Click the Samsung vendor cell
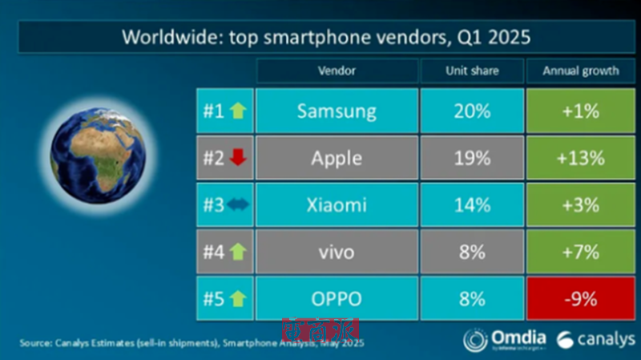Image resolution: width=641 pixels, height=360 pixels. coord(337,111)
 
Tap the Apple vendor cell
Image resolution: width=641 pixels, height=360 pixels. coord(337,158)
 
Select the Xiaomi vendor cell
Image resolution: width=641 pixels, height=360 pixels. coord(337,205)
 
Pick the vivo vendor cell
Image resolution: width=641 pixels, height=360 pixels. coord(337,253)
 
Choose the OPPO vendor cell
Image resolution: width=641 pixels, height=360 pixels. coord(337,299)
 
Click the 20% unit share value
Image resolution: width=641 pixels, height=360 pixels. coord(472,111)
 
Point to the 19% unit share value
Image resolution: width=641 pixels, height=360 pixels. coord(472,158)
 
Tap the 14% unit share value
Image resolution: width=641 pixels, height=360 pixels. coord(472,205)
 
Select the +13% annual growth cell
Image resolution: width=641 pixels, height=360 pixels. coord(581,158)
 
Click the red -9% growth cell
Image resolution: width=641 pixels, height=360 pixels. coord(581,299)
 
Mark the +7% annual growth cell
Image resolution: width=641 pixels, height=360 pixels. coord(581,253)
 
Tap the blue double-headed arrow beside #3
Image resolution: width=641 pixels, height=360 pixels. coord(239,205)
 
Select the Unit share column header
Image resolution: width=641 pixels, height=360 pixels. coord(472,71)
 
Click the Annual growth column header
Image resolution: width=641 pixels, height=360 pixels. coord(581,71)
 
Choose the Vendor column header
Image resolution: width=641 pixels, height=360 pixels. coord(337,71)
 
